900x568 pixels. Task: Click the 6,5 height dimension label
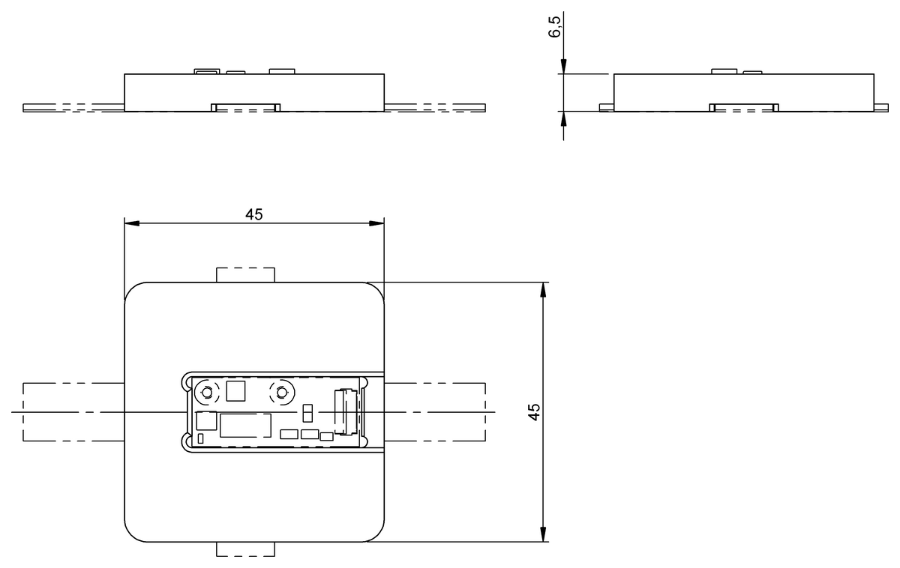[x=554, y=27]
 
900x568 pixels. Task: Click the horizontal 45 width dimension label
[x=254, y=215]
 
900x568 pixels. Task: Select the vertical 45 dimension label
[x=533, y=412]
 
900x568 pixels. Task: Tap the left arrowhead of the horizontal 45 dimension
[x=132, y=223]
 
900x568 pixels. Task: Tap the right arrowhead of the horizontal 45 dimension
[x=376, y=223]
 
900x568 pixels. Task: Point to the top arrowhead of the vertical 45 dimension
[x=543, y=290]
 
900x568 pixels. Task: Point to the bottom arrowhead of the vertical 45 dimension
[x=543, y=534]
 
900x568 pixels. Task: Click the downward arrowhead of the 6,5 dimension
[x=563, y=67]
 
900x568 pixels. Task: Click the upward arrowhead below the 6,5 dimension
[x=563, y=119]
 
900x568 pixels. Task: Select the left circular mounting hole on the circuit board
[x=207, y=392]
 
